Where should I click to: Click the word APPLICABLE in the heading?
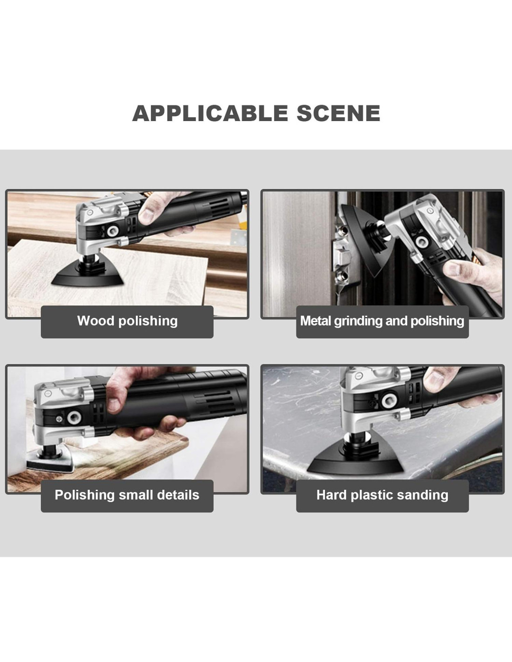coord(210,113)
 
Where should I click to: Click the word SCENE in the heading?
coord(338,113)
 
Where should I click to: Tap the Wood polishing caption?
coord(128,321)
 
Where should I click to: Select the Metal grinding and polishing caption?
coord(382,321)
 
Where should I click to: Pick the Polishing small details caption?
coord(127,495)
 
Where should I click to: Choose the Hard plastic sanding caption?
coord(382,495)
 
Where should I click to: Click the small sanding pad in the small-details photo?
coord(49,460)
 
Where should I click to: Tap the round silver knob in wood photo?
coord(112,230)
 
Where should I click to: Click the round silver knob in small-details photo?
coord(74,417)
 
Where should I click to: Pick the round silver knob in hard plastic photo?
coord(389,400)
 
